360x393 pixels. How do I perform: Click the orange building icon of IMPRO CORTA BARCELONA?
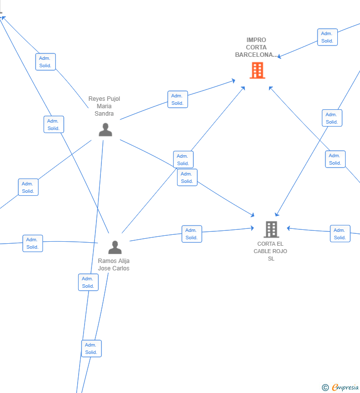tap(258, 70)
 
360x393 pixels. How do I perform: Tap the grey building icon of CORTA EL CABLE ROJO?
tap(271, 229)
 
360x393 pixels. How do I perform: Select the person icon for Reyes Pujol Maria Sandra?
tap(105, 130)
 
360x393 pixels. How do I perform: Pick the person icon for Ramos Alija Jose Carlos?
tap(115, 247)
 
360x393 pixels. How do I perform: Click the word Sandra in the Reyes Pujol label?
tap(104, 114)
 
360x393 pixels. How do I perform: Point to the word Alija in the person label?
tap(123, 261)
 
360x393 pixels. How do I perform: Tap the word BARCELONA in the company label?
tap(254, 55)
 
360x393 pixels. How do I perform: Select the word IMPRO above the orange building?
tap(256, 40)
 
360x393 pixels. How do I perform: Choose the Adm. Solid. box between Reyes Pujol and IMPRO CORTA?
tap(178, 99)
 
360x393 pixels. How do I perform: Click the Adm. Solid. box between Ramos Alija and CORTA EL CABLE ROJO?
tap(192, 234)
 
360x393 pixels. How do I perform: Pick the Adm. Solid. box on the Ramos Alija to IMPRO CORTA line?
tap(183, 159)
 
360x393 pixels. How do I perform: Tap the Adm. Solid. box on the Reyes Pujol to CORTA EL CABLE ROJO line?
tap(187, 177)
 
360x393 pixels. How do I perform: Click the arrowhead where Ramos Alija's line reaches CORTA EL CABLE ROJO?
tap(252, 228)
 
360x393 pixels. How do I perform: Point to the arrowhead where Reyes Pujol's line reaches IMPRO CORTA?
tap(233, 81)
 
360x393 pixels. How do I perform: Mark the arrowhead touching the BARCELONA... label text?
tap(279, 57)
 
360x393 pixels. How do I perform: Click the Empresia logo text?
tap(345, 387)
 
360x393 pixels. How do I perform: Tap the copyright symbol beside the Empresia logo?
tap(325, 388)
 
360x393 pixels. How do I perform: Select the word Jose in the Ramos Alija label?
tap(104, 268)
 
